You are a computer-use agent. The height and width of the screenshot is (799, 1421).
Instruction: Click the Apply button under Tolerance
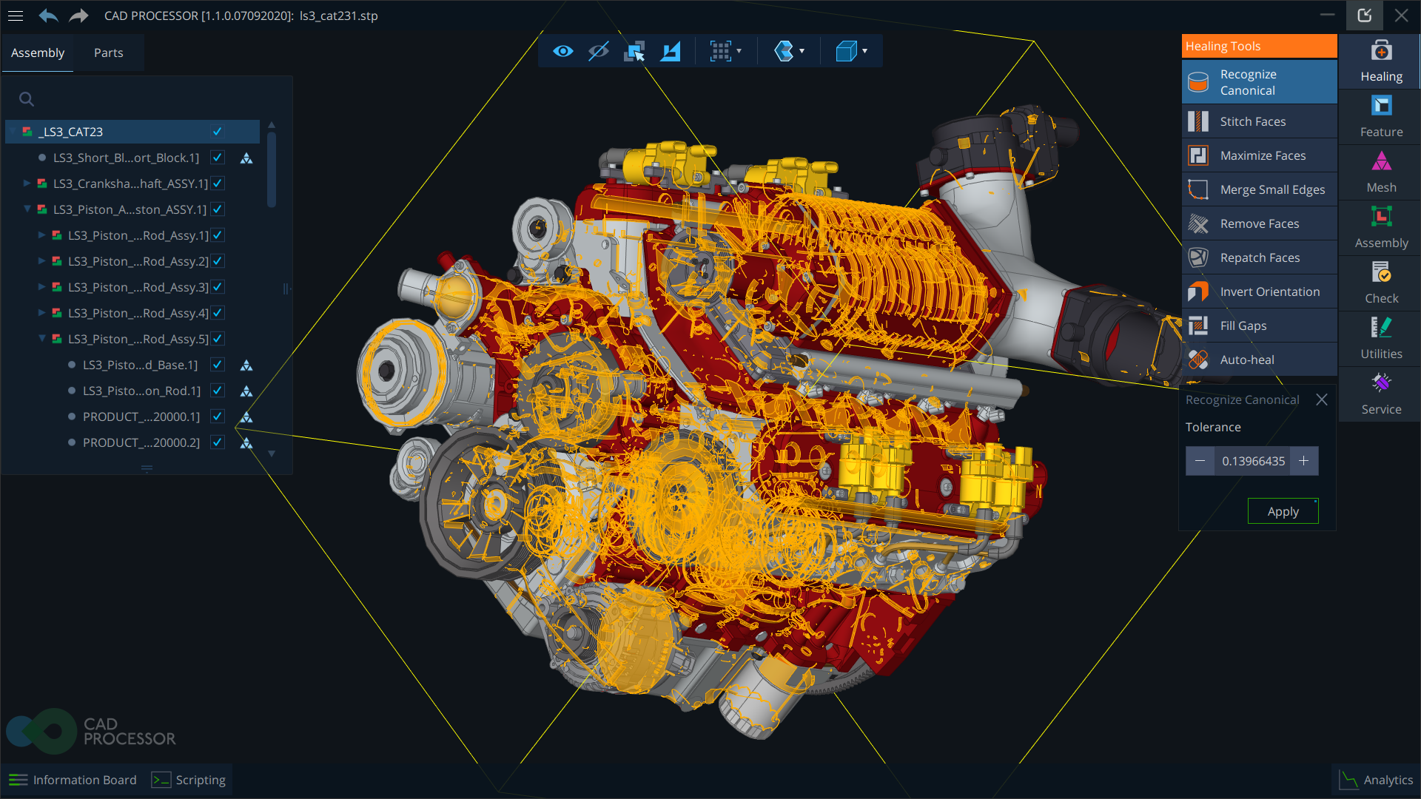[1283, 511]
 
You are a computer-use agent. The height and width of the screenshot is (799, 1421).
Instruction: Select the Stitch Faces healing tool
[1252, 121]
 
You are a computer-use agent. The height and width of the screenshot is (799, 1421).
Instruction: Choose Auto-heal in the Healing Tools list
[1247, 360]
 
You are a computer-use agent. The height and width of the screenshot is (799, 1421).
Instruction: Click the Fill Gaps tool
[1243, 326]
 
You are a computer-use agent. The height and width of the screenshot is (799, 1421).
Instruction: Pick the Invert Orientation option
[1269, 291]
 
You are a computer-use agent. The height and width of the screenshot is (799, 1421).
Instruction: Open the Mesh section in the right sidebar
[1381, 172]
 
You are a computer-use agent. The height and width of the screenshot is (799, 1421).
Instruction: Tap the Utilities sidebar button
[1381, 338]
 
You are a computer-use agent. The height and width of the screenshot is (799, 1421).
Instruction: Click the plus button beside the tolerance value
[1303, 461]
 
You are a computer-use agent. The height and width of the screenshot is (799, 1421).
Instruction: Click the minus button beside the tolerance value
[1200, 461]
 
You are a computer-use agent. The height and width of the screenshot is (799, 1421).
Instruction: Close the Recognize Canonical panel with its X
[1321, 399]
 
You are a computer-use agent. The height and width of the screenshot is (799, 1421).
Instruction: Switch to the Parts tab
[108, 53]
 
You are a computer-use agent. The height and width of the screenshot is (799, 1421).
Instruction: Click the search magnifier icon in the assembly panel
[27, 99]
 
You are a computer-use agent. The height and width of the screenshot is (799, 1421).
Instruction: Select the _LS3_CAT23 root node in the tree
[71, 132]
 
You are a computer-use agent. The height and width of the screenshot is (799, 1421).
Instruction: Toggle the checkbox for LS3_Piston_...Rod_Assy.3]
[218, 287]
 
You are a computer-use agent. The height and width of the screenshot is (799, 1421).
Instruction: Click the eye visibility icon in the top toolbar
[562, 51]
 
